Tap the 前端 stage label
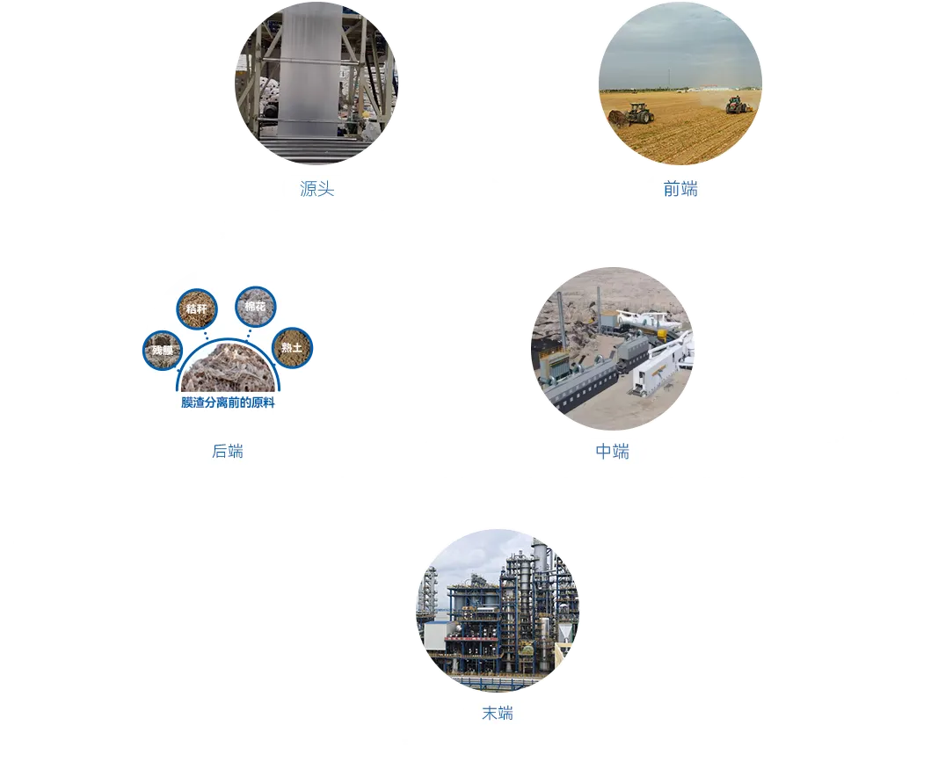[x=680, y=188]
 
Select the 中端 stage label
[x=612, y=452]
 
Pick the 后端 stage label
[x=228, y=452]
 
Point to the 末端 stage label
[x=497, y=713]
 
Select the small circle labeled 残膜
[x=159, y=351]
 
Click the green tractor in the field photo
[x=637, y=112]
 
